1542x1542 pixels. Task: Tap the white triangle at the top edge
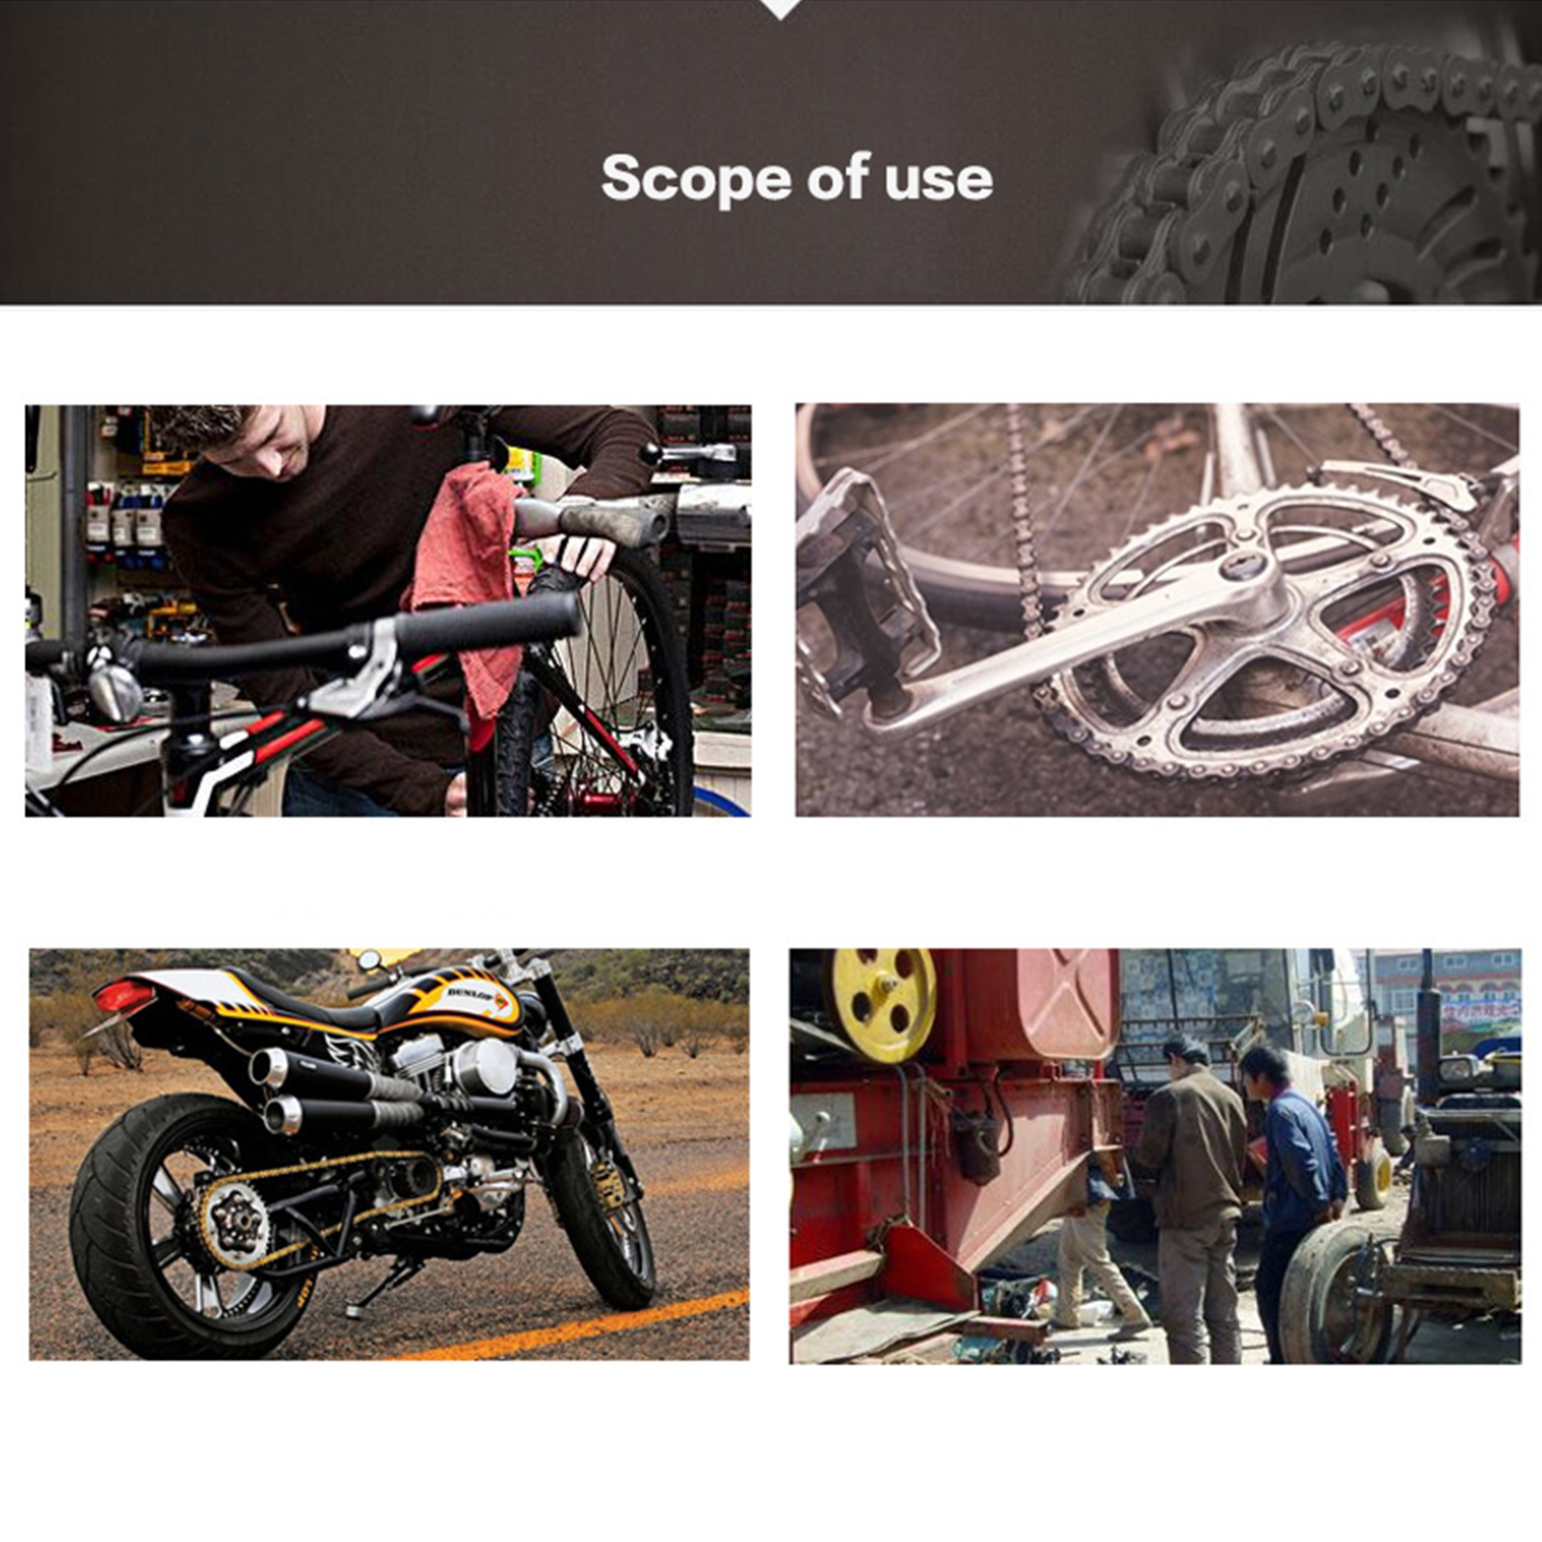click(781, 9)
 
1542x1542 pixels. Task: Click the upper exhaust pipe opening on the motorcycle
click(262, 1068)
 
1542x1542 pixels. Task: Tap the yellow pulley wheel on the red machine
click(884, 1002)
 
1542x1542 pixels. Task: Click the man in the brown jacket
click(1195, 1195)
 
